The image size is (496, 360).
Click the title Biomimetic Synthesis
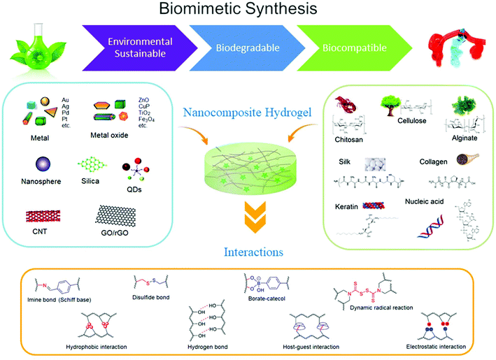pos(248,12)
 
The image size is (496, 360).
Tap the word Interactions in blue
pos(248,250)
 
